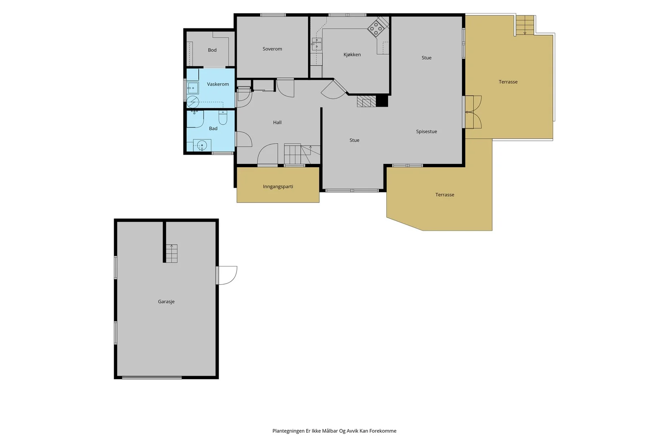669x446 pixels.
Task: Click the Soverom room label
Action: (272, 49)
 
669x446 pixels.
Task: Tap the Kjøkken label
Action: (352, 55)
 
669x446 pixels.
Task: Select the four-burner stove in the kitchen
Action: (376, 29)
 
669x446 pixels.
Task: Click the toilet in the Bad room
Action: (223, 117)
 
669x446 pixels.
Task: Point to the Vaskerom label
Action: (218, 84)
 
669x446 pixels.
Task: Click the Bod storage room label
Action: (212, 50)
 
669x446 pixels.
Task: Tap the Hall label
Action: (277, 122)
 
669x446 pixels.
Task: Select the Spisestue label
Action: (426, 132)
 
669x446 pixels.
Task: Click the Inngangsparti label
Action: (278, 186)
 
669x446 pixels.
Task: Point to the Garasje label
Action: (166, 301)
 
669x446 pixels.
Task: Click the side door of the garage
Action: (226, 275)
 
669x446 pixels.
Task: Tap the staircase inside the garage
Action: (171, 253)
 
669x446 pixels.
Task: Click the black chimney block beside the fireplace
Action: (382, 101)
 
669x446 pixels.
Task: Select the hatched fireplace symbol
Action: (366, 101)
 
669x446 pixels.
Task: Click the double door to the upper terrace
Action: (473, 112)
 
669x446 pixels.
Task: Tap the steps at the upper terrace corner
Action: (525, 25)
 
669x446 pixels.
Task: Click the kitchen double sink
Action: (316, 44)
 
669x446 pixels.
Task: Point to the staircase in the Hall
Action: (302, 154)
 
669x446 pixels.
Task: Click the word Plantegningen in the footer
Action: (289, 431)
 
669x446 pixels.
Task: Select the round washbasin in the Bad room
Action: (202, 145)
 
